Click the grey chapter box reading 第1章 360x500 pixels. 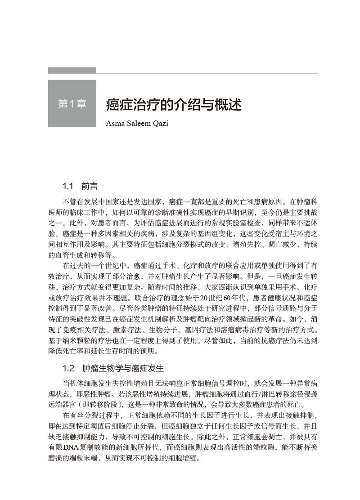pyautogui.click(x=72, y=104)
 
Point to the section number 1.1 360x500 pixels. pyautogui.click(x=67, y=186)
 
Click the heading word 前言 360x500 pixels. pyautogui.click(x=90, y=186)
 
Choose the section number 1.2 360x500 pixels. pyautogui.click(x=68, y=368)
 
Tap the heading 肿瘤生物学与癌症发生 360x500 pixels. pyautogui.click(x=123, y=368)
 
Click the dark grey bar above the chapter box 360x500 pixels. pyautogui.click(x=72, y=70)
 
